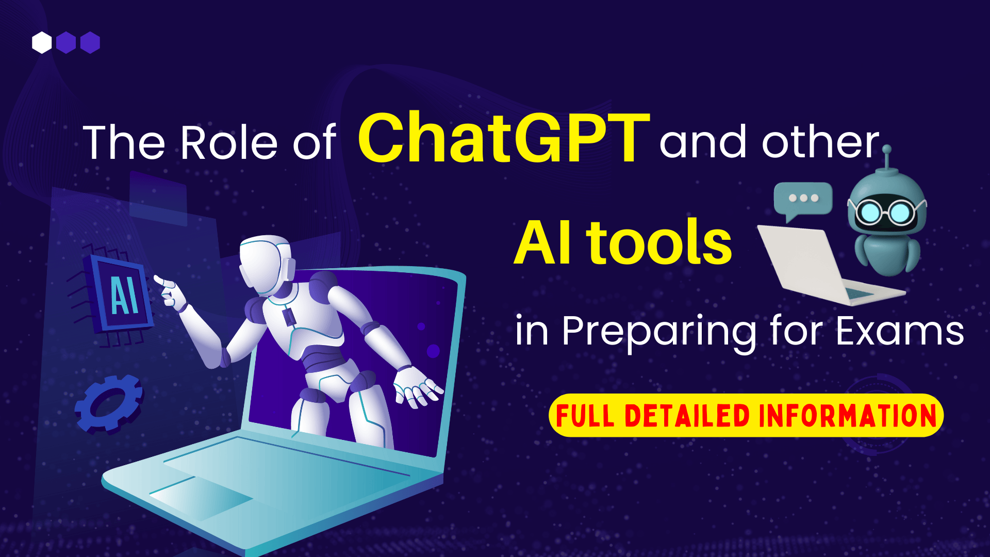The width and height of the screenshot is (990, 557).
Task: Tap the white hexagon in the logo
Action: (x=42, y=43)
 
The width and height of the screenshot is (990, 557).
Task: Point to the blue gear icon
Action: (x=109, y=404)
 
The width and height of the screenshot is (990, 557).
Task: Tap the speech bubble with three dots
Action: (x=803, y=199)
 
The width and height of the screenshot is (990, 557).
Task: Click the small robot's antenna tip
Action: (x=887, y=150)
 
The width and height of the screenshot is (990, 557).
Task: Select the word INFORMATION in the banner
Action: (x=847, y=416)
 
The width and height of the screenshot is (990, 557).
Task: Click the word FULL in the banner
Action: (x=585, y=416)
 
